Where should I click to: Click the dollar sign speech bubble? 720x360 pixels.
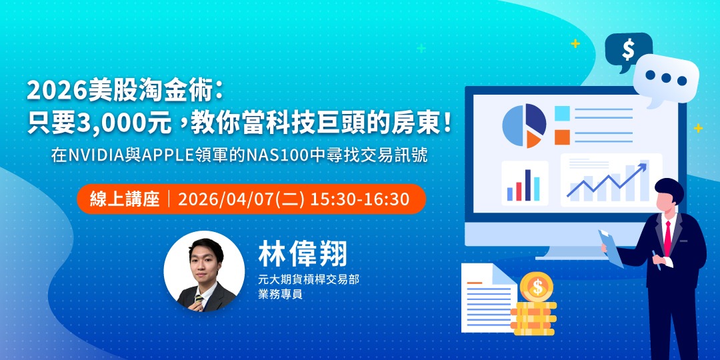point(627,49)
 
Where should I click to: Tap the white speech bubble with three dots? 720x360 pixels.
point(665,79)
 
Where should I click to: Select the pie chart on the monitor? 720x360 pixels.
point(524,125)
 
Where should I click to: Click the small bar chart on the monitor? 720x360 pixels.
point(524,184)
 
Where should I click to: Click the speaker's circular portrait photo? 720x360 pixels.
point(204,271)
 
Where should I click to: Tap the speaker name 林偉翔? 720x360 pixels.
point(303,254)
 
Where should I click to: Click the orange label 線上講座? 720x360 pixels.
point(125,199)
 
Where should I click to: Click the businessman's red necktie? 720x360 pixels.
point(667,237)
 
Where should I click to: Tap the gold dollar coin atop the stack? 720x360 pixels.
point(536,287)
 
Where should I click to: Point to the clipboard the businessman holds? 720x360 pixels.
point(611,247)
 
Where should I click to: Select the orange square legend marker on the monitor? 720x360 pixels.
point(562,137)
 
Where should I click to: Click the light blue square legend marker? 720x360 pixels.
point(562,113)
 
